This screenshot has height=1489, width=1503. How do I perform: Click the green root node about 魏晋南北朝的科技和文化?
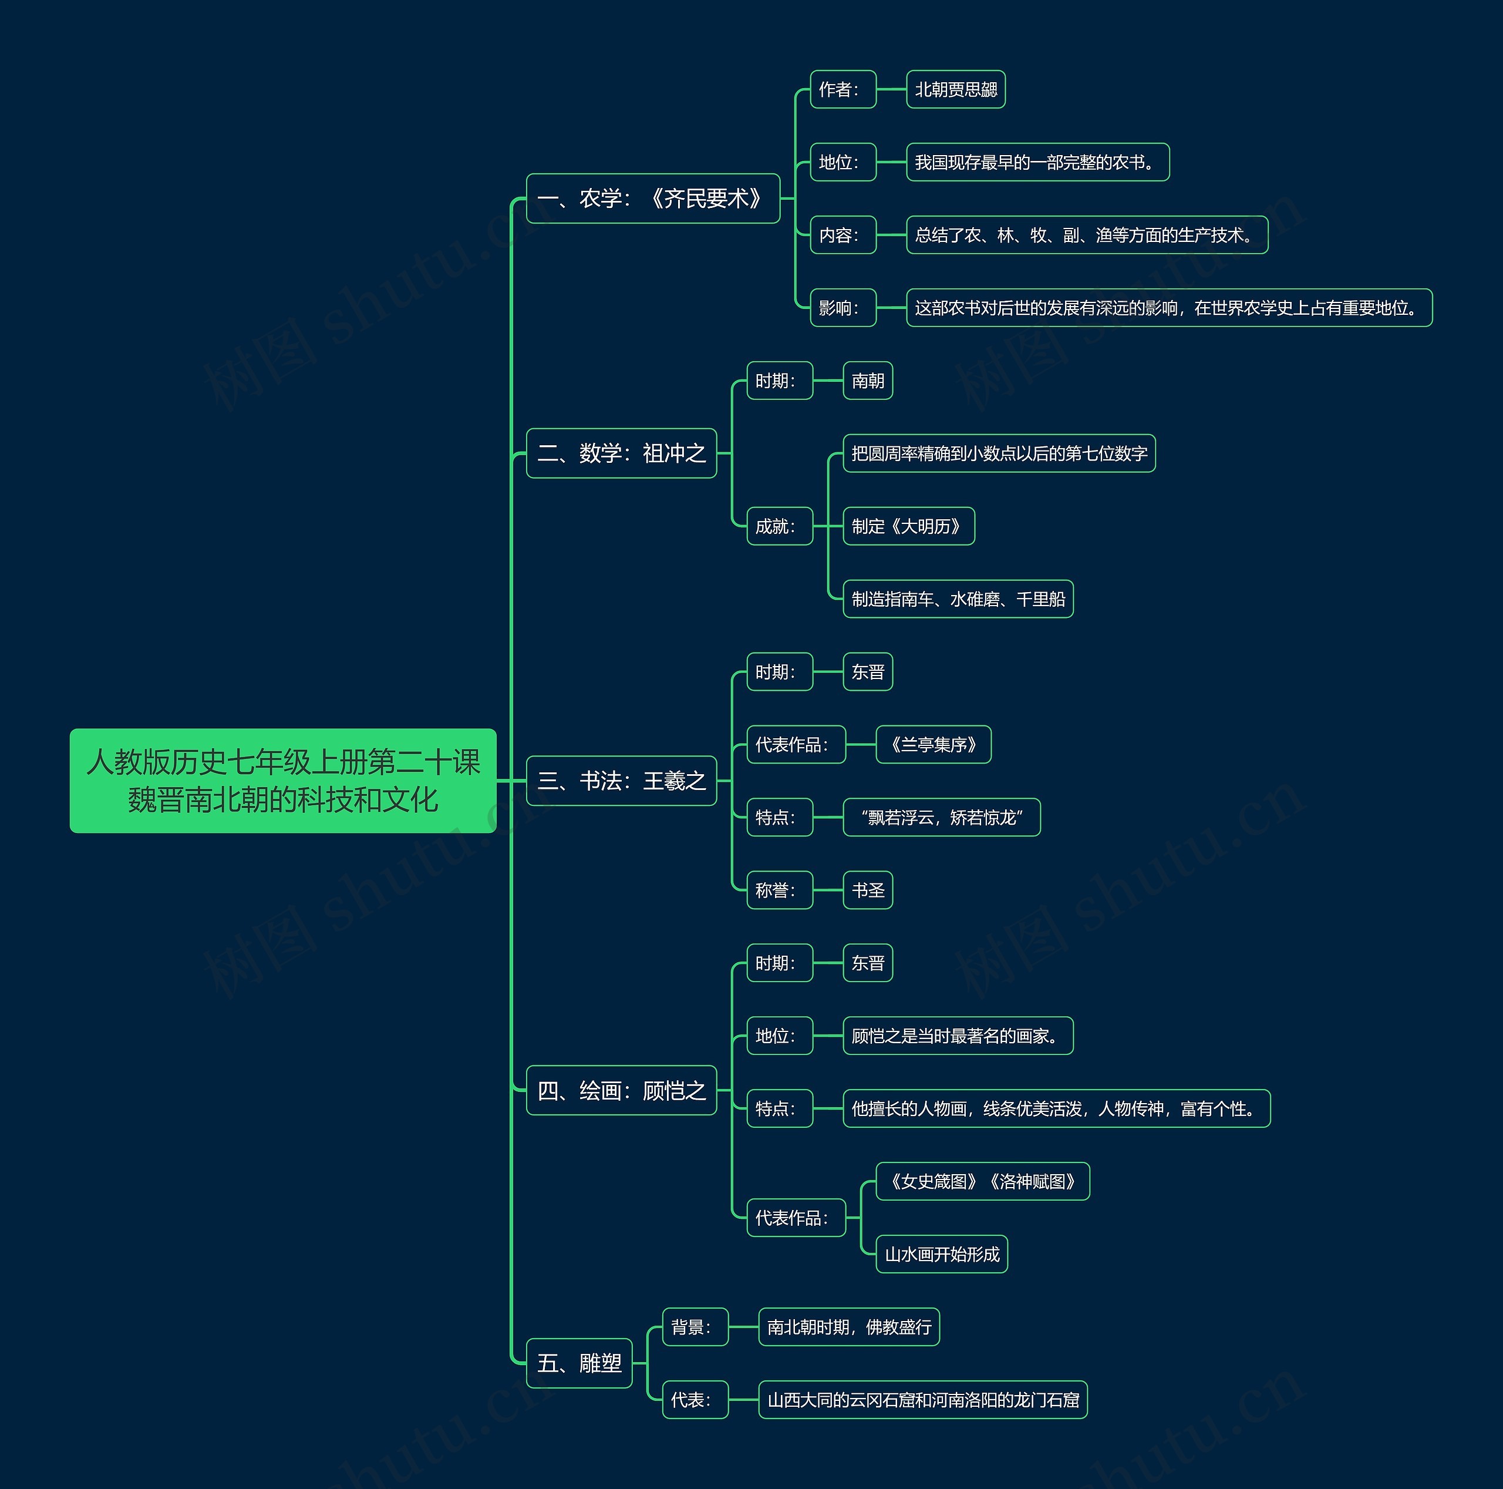coord(283,780)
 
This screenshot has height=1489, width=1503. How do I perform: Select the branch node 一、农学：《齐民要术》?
coord(653,199)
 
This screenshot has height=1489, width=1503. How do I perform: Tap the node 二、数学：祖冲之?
coord(622,453)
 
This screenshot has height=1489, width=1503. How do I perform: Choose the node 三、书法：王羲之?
coord(622,781)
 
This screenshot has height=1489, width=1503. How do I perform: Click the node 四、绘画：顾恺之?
coord(622,1091)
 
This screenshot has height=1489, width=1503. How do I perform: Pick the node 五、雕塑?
coord(579,1363)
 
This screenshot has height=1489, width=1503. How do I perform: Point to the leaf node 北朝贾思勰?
coord(956,89)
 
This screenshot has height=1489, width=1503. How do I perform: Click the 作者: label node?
coord(843,89)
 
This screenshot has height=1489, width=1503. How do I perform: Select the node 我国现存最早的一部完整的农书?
coord(1038,162)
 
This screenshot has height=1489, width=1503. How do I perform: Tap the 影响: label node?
coord(843,307)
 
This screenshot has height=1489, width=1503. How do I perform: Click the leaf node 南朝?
coord(868,381)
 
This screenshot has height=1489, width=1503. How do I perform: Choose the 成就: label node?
coord(780,526)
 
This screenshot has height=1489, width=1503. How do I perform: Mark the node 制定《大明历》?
coord(909,526)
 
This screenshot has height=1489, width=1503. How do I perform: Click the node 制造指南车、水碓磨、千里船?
coord(958,599)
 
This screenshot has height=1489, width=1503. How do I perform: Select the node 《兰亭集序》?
coord(934,745)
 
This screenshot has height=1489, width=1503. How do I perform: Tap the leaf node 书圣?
coord(868,890)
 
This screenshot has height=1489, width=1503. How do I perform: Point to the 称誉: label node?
coord(780,890)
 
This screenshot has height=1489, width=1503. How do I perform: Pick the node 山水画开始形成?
coord(942,1254)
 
